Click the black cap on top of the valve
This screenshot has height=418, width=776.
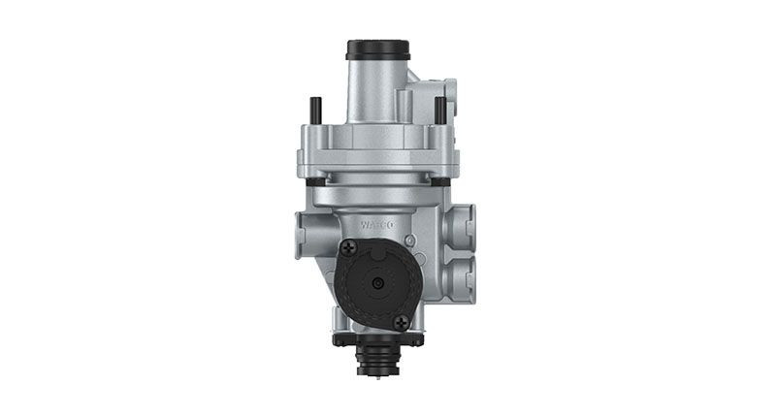(x=376, y=48)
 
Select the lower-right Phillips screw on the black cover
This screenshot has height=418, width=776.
(x=402, y=321)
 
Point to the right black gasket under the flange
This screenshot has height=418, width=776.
(x=440, y=182)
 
